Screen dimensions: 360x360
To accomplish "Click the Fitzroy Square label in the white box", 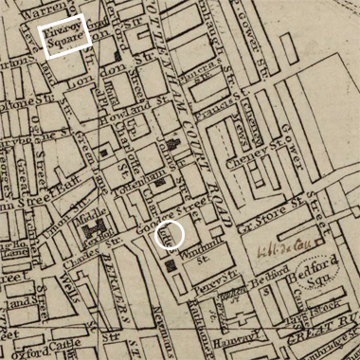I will click(66, 37).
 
